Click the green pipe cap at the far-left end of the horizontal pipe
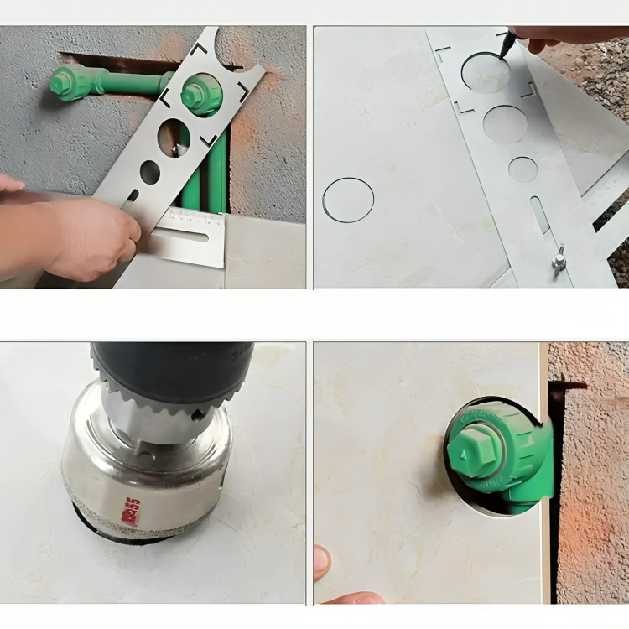pos(64,82)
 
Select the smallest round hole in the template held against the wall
pos(150,172)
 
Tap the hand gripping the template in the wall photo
pos(88,235)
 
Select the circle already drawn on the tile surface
pos(348,200)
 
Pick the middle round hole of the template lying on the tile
pos(505,124)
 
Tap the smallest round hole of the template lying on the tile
pos(523,169)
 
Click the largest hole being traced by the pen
pos(485,74)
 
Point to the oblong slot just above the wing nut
pos(540,215)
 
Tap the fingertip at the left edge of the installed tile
pos(321,561)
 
